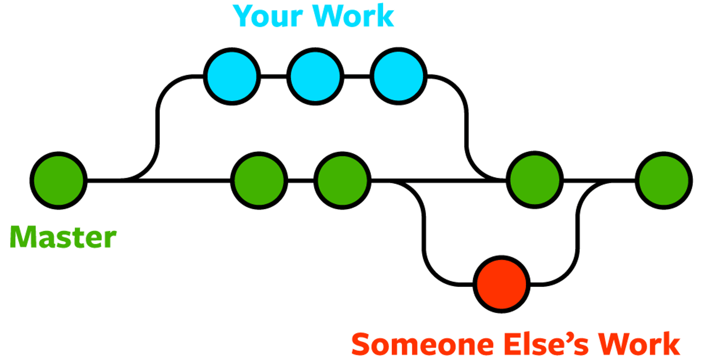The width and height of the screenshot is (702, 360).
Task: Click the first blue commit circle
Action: [232, 76]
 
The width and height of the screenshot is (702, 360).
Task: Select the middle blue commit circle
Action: [315, 76]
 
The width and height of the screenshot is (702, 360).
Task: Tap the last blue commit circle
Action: [398, 76]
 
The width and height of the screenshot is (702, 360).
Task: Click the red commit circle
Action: [502, 284]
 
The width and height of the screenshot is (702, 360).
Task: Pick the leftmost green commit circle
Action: [59, 181]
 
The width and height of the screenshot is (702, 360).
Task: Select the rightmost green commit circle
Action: [664, 181]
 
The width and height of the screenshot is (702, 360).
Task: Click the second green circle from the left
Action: [259, 181]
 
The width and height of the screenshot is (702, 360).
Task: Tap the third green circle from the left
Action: [342, 181]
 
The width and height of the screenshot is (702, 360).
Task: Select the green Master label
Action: [63, 237]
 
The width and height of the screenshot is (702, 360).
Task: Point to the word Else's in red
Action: [546, 344]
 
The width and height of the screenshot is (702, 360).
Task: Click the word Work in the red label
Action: [639, 344]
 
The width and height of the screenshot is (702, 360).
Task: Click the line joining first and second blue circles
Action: [273, 76]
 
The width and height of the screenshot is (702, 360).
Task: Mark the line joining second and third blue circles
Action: [357, 76]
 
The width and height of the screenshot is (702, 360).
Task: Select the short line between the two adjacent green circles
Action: [300, 181]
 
